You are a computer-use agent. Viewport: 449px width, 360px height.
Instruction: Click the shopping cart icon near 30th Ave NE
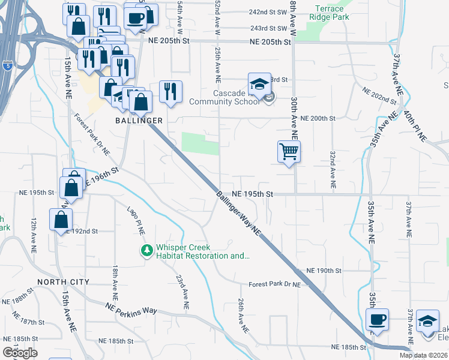(x=289, y=152)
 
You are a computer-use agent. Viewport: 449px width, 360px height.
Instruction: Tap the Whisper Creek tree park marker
(x=146, y=250)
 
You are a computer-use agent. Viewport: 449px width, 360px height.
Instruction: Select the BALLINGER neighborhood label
(x=139, y=121)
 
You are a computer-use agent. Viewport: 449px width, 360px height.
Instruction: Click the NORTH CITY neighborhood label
(x=63, y=281)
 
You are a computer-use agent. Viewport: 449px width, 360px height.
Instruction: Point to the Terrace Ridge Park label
(x=329, y=13)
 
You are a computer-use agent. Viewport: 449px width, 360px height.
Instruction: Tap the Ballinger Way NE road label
(x=240, y=213)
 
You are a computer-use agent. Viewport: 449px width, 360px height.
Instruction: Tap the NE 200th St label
(x=317, y=118)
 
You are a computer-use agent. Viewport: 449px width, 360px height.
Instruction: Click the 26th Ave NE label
(x=242, y=316)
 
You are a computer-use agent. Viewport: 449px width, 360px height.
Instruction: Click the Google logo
(x=20, y=353)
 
